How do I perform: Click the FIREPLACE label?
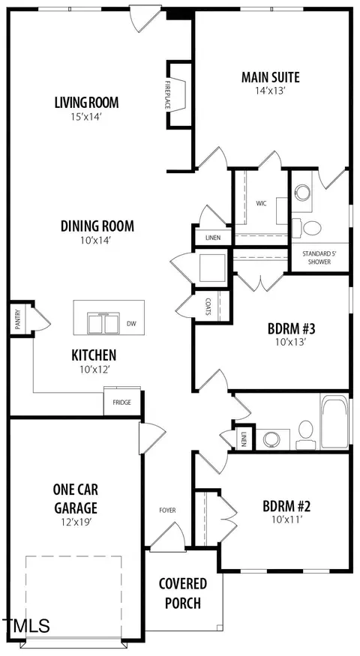(167, 95)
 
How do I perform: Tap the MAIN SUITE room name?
(271, 77)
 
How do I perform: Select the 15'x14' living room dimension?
(87, 117)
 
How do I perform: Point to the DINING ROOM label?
(97, 226)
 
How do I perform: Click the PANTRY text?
(17, 319)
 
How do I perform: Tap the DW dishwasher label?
(131, 323)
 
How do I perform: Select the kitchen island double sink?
(103, 322)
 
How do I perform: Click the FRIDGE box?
(121, 402)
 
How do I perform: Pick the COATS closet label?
(208, 306)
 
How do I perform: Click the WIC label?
(262, 204)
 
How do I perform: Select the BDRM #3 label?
(291, 329)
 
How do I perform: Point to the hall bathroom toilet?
(305, 433)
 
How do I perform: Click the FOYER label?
(167, 511)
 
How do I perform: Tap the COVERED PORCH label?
(182, 593)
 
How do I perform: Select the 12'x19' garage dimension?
(76, 522)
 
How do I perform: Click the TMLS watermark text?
(25, 626)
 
